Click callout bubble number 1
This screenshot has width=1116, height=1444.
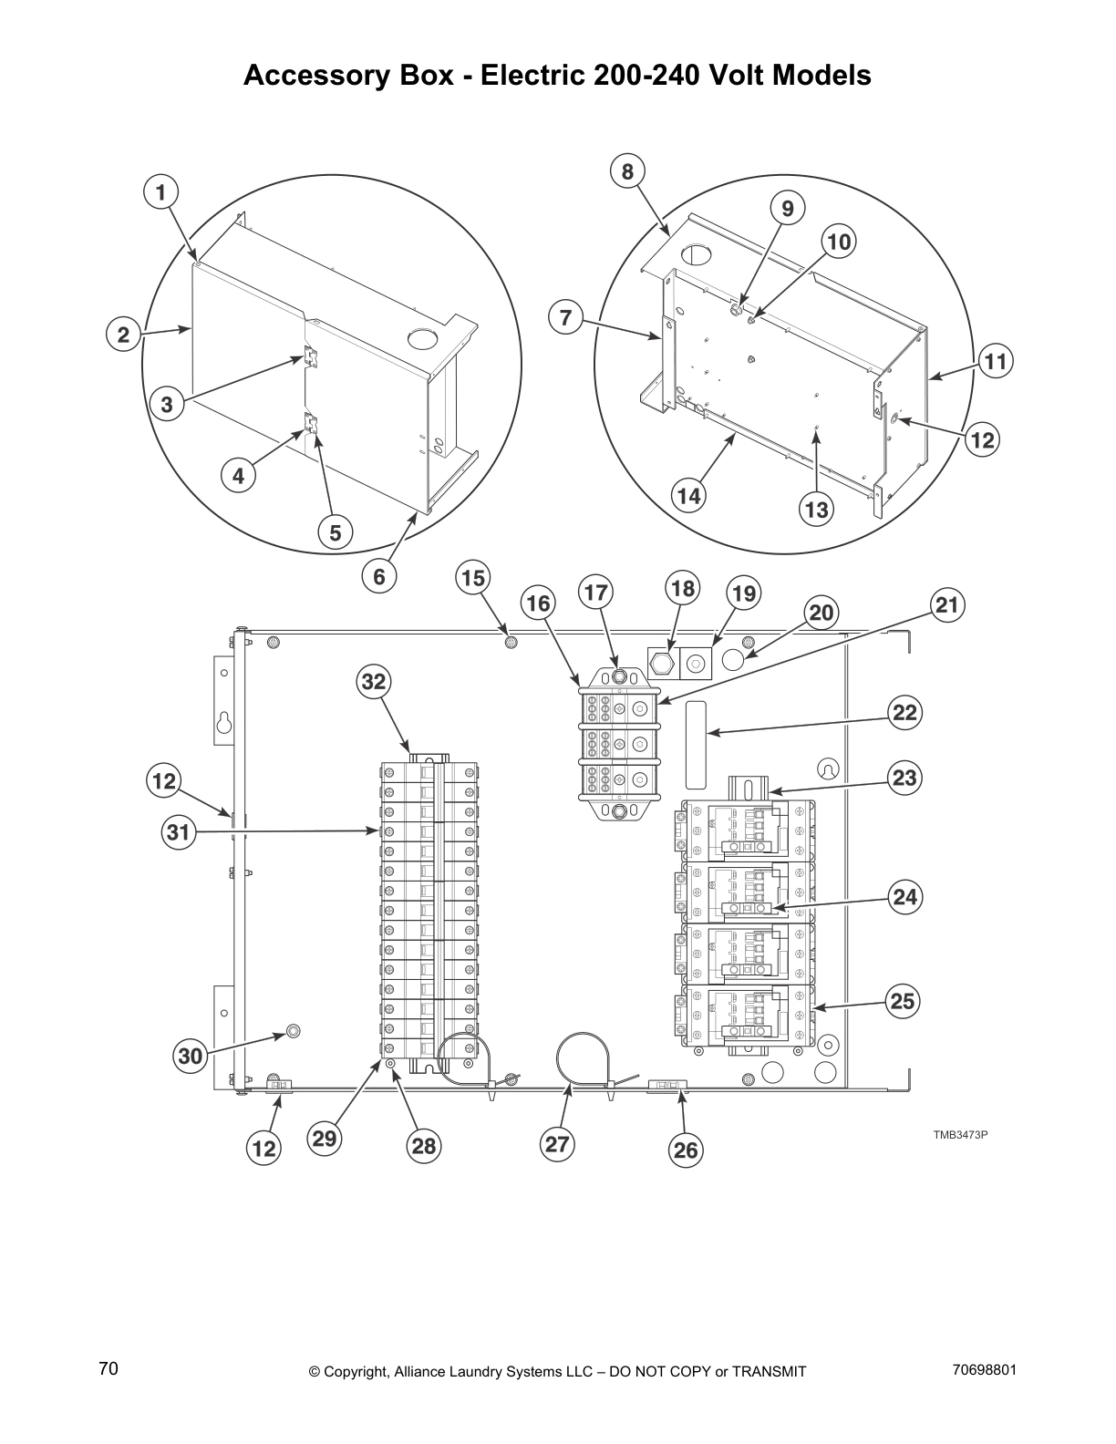pyautogui.click(x=161, y=192)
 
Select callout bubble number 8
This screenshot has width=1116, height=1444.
pyautogui.click(x=627, y=171)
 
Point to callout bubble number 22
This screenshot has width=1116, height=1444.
pyautogui.click(x=904, y=712)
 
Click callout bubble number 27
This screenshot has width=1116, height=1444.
pyautogui.click(x=557, y=1143)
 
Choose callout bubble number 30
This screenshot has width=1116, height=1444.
pyautogui.click(x=190, y=1057)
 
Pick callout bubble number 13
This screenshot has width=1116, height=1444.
pyautogui.click(x=816, y=509)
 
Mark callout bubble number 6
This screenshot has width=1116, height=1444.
pyautogui.click(x=379, y=576)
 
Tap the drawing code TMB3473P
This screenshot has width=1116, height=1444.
pyautogui.click(x=960, y=1135)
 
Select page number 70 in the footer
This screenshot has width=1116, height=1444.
pyautogui.click(x=108, y=1368)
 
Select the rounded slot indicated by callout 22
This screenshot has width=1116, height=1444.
pyautogui.click(x=696, y=745)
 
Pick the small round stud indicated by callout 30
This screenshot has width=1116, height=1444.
pyautogui.click(x=293, y=1031)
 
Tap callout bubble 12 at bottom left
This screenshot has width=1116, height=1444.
pyautogui.click(x=263, y=1148)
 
